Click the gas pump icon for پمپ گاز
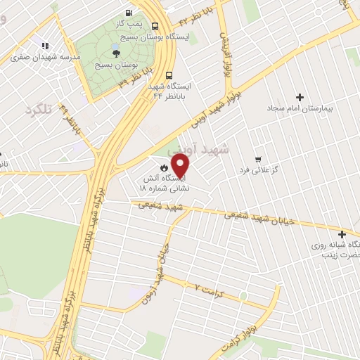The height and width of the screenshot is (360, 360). pos(128,13)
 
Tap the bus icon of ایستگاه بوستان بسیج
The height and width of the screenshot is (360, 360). pos(155,26)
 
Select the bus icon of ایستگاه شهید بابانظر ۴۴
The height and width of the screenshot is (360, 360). pos(169,75)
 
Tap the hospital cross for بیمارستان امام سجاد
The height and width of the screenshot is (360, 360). pos(300,97)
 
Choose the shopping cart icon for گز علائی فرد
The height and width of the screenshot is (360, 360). pos(259,159)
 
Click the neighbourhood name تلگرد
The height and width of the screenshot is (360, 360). pos(39,110)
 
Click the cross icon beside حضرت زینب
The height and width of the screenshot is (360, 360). pos(342,234)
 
